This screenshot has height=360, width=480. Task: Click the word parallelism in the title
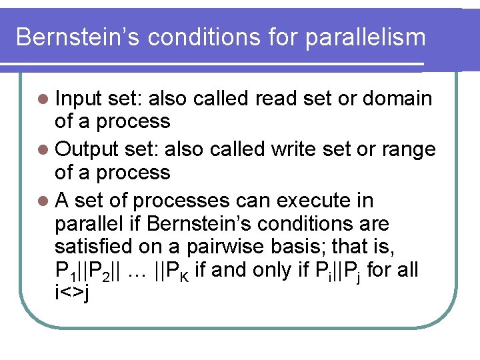(365, 37)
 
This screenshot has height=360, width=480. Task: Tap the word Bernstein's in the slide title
(79, 37)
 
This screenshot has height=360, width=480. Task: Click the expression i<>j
(73, 292)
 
